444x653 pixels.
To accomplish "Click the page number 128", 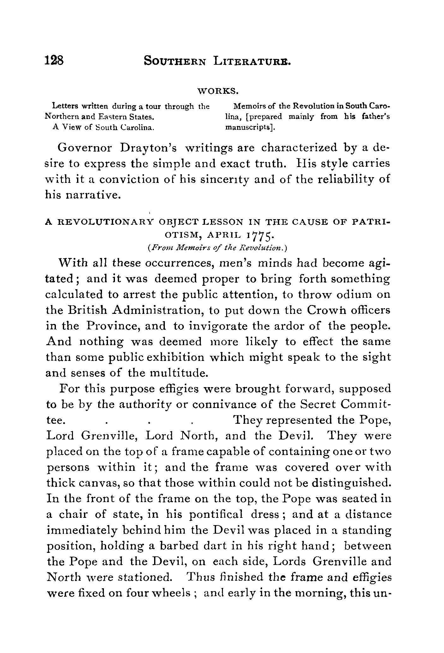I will pyautogui.click(x=55, y=60).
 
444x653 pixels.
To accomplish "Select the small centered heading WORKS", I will pyautogui.click(x=218, y=92).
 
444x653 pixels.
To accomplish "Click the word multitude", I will pyautogui.click(x=178, y=373).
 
